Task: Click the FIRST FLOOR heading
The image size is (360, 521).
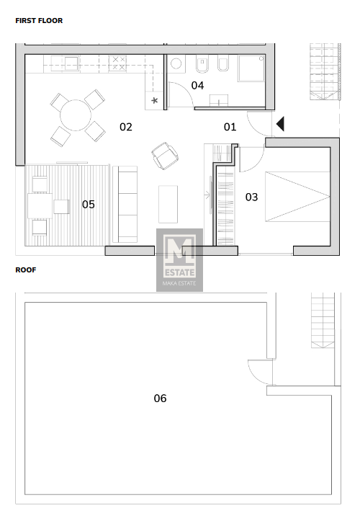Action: coord(39,21)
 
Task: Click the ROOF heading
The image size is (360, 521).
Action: coord(26,270)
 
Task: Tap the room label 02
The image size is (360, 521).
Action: coord(126,127)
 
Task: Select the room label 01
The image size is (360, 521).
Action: coord(230,127)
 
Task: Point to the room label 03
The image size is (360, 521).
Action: coord(251,197)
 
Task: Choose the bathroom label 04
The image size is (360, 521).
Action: coord(197,86)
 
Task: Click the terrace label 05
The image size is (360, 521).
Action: coord(89,205)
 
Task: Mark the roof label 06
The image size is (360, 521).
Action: coord(160,398)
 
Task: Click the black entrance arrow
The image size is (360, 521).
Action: coord(280,124)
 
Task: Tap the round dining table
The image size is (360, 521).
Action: coord(76,115)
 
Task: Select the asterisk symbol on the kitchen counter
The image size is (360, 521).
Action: coord(154,100)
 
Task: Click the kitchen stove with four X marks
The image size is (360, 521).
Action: coord(119,63)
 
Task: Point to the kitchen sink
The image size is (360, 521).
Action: coord(71,63)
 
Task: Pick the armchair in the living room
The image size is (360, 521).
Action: coord(164,156)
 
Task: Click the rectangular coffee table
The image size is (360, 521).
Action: coord(168,205)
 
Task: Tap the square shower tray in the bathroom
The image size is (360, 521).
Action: coord(251,68)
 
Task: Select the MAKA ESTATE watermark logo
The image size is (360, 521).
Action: coord(180,260)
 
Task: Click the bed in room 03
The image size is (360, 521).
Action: coord(297,197)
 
